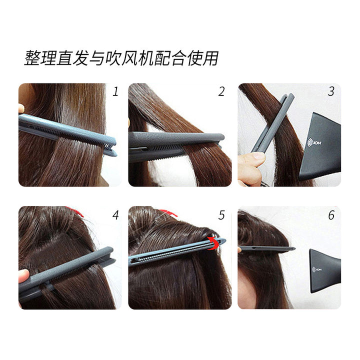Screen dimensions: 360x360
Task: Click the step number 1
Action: [115, 91]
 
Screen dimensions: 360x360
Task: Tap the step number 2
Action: [221, 91]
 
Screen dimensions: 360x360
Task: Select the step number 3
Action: [331, 91]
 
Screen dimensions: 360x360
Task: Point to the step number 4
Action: [115, 215]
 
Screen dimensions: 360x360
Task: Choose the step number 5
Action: [221, 215]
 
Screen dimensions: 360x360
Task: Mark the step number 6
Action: [331, 215]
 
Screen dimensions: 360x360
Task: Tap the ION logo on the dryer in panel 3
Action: [314, 143]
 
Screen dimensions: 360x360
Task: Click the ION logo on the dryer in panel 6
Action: [317, 269]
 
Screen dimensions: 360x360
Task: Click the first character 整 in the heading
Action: [32, 58]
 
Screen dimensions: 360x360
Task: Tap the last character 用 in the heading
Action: [210, 58]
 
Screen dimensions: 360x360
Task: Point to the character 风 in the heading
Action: [129, 58]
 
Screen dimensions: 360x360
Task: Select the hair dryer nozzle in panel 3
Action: [321, 147]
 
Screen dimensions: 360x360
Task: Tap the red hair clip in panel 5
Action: [168, 213]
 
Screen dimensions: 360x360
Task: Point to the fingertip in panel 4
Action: [23, 276]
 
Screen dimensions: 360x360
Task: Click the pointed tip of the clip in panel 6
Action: [295, 248]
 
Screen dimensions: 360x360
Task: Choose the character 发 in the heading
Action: [81, 58]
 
